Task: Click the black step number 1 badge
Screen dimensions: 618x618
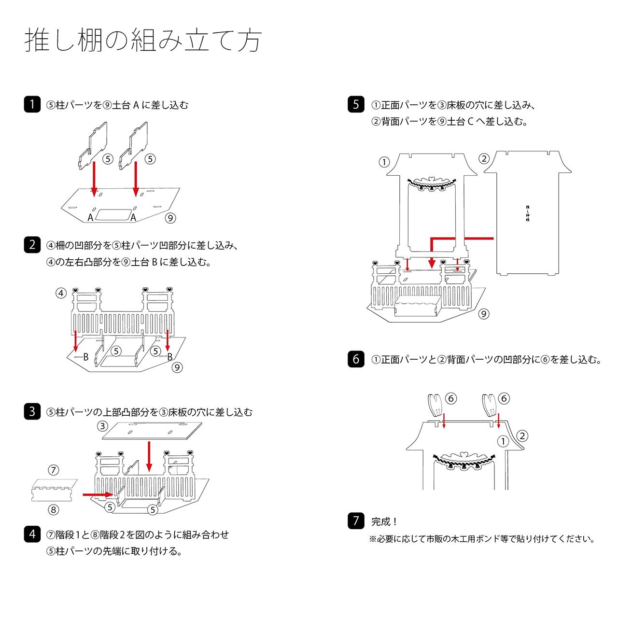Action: click(x=32, y=104)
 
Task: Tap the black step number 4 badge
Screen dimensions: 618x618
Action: click(x=32, y=534)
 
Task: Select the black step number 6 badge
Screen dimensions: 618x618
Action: click(x=356, y=359)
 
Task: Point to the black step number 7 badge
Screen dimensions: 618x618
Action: click(x=356, y=520)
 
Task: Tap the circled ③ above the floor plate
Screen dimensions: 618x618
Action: click(x=102, y=426)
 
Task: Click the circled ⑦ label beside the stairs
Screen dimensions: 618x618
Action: click(x=54, y=470)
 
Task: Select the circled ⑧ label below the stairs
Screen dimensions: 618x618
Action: click(x=54, y=509)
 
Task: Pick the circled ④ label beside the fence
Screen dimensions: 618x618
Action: click(x=61, y=293)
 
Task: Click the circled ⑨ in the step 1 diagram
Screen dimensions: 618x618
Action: click(x=170, y=218)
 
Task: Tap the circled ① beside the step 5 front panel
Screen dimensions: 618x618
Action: click(x=384, y=162)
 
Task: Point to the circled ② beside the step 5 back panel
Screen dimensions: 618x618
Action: click(x=484, y=158)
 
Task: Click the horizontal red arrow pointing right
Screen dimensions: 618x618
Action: click(x=97, y=494)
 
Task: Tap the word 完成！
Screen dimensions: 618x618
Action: click(x=384, y=522)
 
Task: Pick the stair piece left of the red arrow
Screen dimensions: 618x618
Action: click(x=54, y=490)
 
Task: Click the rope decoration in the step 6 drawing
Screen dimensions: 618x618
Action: click(x=464, y=459)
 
